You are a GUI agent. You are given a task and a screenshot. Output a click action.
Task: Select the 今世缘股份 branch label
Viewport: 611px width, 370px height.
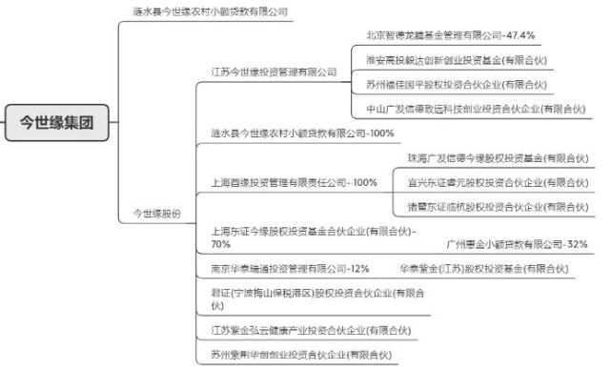click(x=155, y=213)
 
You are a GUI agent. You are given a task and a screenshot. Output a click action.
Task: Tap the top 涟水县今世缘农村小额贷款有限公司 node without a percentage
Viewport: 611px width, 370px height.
click(x=210, y=11)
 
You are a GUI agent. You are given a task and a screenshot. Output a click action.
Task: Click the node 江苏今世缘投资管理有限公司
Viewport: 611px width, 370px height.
click(x=274, y=72)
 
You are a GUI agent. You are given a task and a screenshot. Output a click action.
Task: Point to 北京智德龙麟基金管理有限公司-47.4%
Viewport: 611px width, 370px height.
click(x=450, y=35)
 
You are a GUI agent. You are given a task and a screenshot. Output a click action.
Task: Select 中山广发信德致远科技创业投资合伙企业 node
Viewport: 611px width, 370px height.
click(x=478, y=109)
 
